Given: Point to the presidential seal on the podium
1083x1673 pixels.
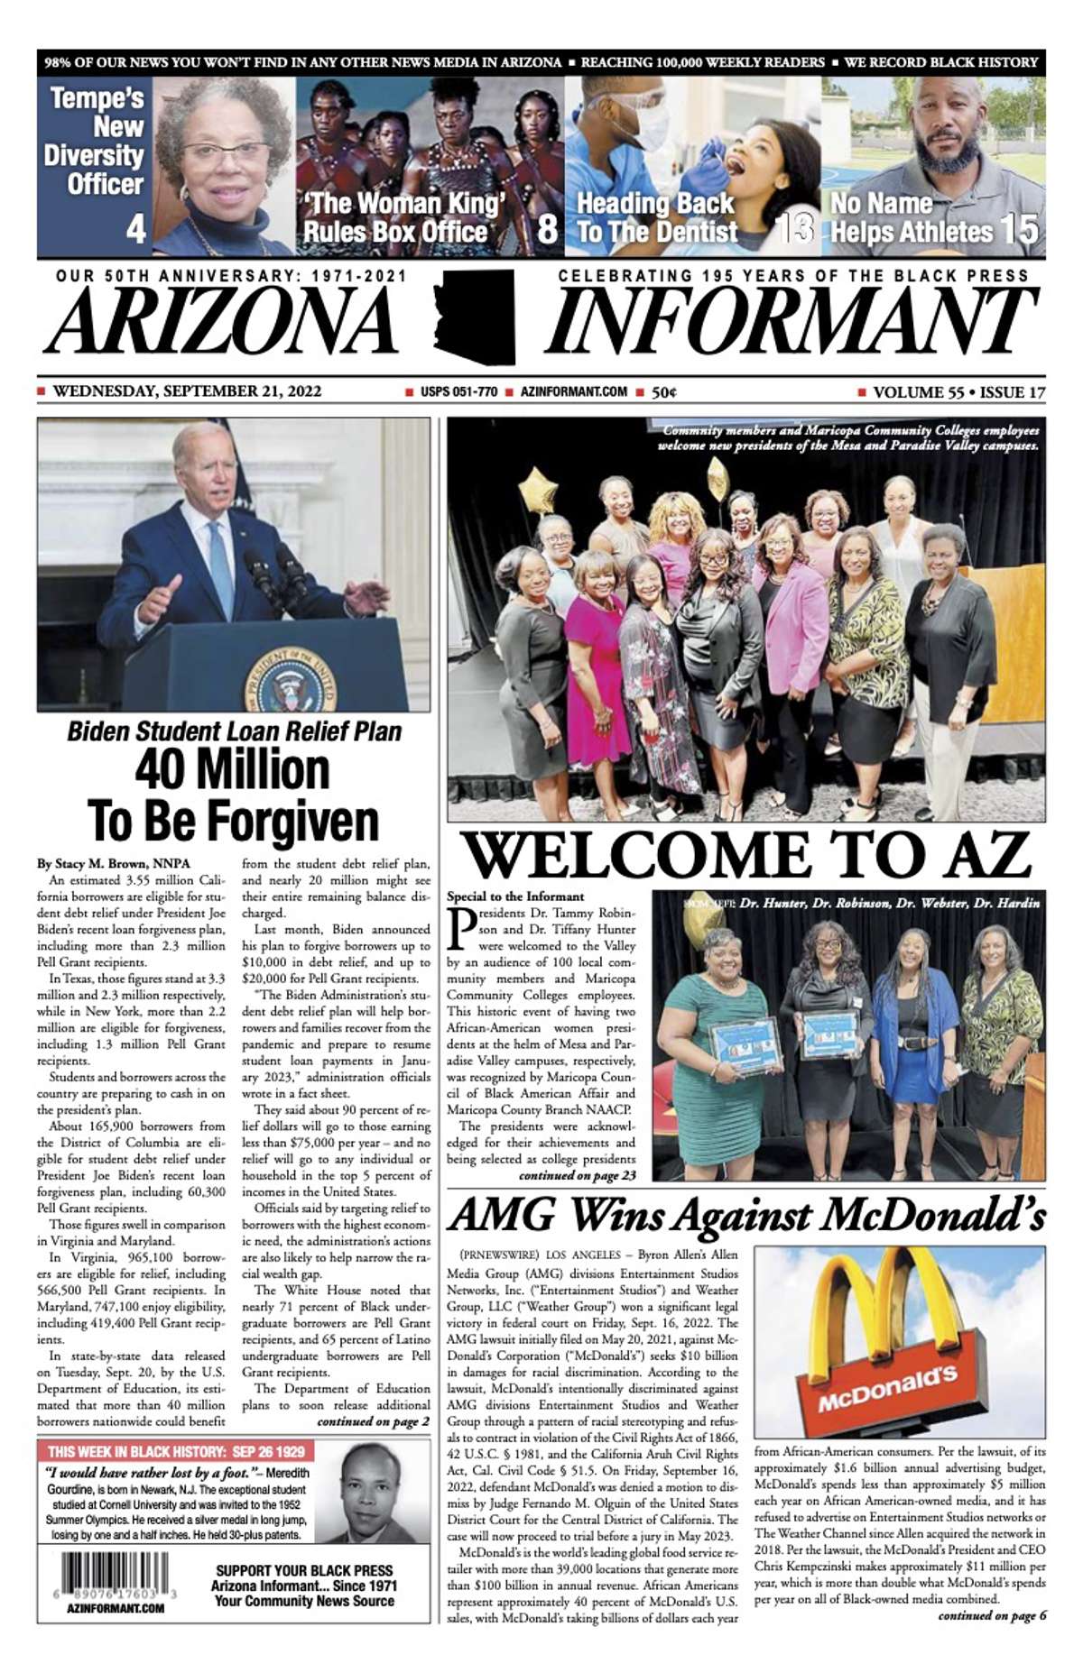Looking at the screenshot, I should [290, 678].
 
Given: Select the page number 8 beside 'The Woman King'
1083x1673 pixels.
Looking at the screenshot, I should [547, 229].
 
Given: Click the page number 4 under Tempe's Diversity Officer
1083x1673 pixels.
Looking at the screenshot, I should [135, 229].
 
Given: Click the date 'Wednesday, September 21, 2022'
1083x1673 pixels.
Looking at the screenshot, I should [187, 391].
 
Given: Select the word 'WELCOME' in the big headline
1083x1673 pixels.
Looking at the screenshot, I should [635, 855].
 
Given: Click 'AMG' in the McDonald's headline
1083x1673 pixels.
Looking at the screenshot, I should [502, 1215].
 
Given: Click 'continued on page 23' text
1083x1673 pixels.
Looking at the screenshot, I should [578, 1175].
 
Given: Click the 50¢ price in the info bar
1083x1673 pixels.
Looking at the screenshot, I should [664, 392].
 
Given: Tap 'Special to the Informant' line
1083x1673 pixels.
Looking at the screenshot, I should [515, 896].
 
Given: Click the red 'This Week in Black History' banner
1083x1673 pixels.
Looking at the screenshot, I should [177, 1451].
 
